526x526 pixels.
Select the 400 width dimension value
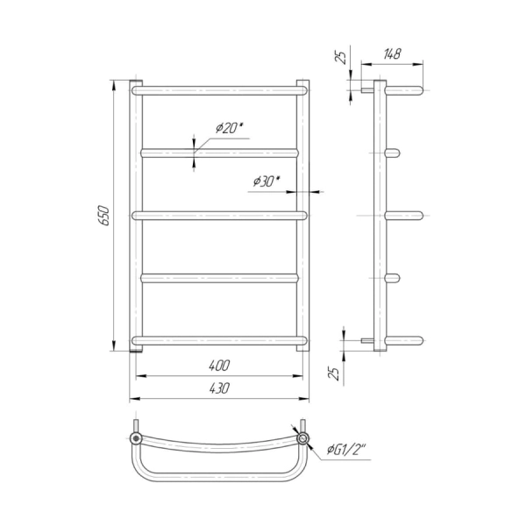point(219,366)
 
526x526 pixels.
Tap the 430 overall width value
point(219,388)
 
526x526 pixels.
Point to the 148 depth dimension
point(392,53)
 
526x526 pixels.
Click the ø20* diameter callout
point(229,128)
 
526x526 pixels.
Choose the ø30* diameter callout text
point(267,181)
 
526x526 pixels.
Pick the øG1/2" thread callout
point(346,449)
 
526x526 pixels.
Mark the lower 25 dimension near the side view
point(334,373)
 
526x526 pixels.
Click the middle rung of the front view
point(219,216)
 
